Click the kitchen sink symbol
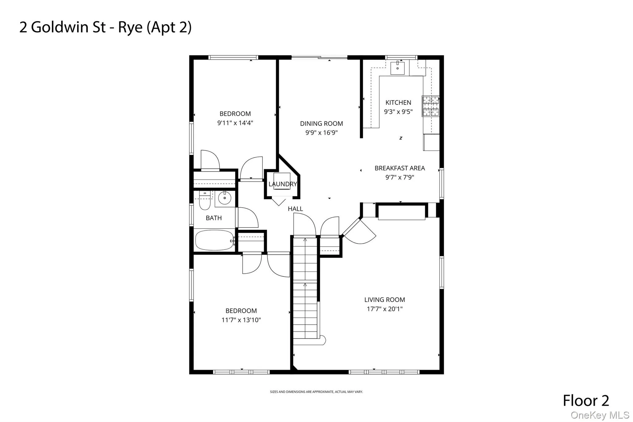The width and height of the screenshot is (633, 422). (x=397, y=68)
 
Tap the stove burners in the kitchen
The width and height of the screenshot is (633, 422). (x=431, y=106)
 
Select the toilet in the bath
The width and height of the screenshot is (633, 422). (x=205, y=201)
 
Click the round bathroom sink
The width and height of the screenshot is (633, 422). (x=225, y=197)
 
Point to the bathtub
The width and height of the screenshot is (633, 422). (x=214, y=240)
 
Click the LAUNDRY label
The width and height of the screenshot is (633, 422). (x=283, y=184)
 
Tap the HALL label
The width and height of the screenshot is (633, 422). (x=295, y=209)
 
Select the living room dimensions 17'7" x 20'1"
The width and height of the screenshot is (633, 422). (x=384, y=309)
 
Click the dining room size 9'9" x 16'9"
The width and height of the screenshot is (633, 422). (x=321, y=133)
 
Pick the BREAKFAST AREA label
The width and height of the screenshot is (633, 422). (x=400, y=168)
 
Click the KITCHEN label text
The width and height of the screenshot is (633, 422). (x=398, y=102)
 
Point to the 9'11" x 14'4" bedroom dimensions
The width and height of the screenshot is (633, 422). (x=235, y=123)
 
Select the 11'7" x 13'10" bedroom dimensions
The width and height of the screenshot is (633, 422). (x=241, y=320)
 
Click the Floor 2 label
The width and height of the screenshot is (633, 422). (x=586, y=401)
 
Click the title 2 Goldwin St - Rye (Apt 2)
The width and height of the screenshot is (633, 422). (x=105, y=27)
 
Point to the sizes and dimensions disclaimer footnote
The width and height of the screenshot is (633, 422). (x=316, y=392)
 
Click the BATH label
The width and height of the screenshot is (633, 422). (x=214, y=218)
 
